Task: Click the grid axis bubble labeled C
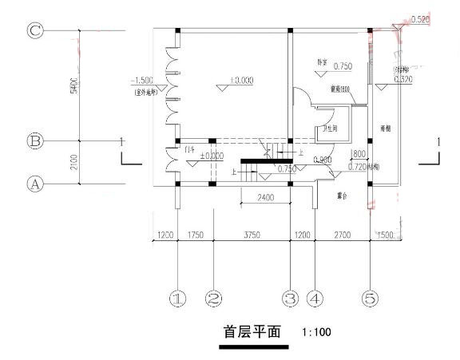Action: [x=34, y=30]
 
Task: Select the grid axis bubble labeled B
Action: [x=34, y=141]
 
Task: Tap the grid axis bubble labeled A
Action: [x=34, y=184]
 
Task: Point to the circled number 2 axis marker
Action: [x=213, y=299]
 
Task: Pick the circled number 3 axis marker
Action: [x=290, y=299]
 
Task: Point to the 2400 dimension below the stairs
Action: [x=266, y=196]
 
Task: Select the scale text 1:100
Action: [x=317, y=331]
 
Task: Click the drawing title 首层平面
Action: [x=251, y=331]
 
